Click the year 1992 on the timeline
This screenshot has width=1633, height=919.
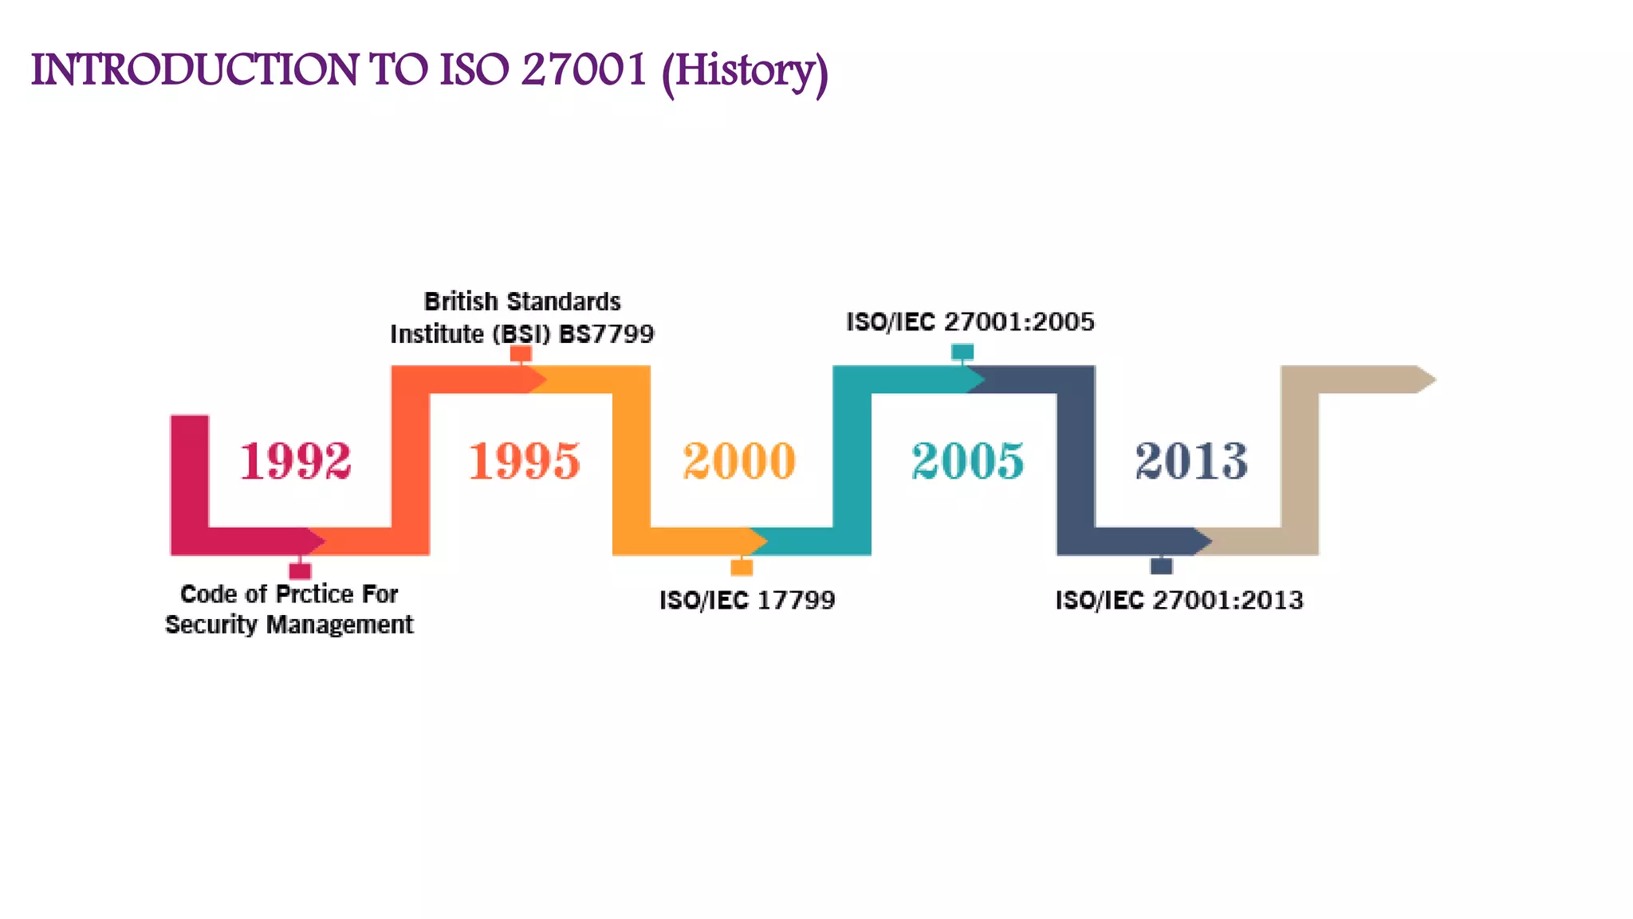point(295,461)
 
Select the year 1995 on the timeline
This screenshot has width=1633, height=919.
point(524,461)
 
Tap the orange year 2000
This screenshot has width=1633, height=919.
point(739,461)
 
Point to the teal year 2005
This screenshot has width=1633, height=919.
point(967,461)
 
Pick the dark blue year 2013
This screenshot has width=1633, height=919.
point(1191,461)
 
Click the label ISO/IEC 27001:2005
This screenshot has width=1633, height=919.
point(970,321)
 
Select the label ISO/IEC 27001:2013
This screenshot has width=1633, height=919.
point(1179,600)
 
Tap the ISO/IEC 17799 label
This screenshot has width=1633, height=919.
point(747,600)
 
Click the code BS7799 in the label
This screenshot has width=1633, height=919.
point(607,333)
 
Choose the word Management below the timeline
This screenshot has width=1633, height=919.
point(340,625)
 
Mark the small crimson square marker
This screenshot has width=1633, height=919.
point(300,570)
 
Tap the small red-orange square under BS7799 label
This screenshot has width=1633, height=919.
point(521,353)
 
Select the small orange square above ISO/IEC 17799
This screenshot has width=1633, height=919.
point(742,567)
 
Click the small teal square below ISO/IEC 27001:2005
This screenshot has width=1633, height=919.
point(962,351)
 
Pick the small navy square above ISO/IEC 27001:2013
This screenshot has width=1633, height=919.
point(1162,566)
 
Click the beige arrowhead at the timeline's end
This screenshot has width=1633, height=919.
point(1426,380)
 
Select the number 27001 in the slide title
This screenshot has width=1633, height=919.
point(584,69)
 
